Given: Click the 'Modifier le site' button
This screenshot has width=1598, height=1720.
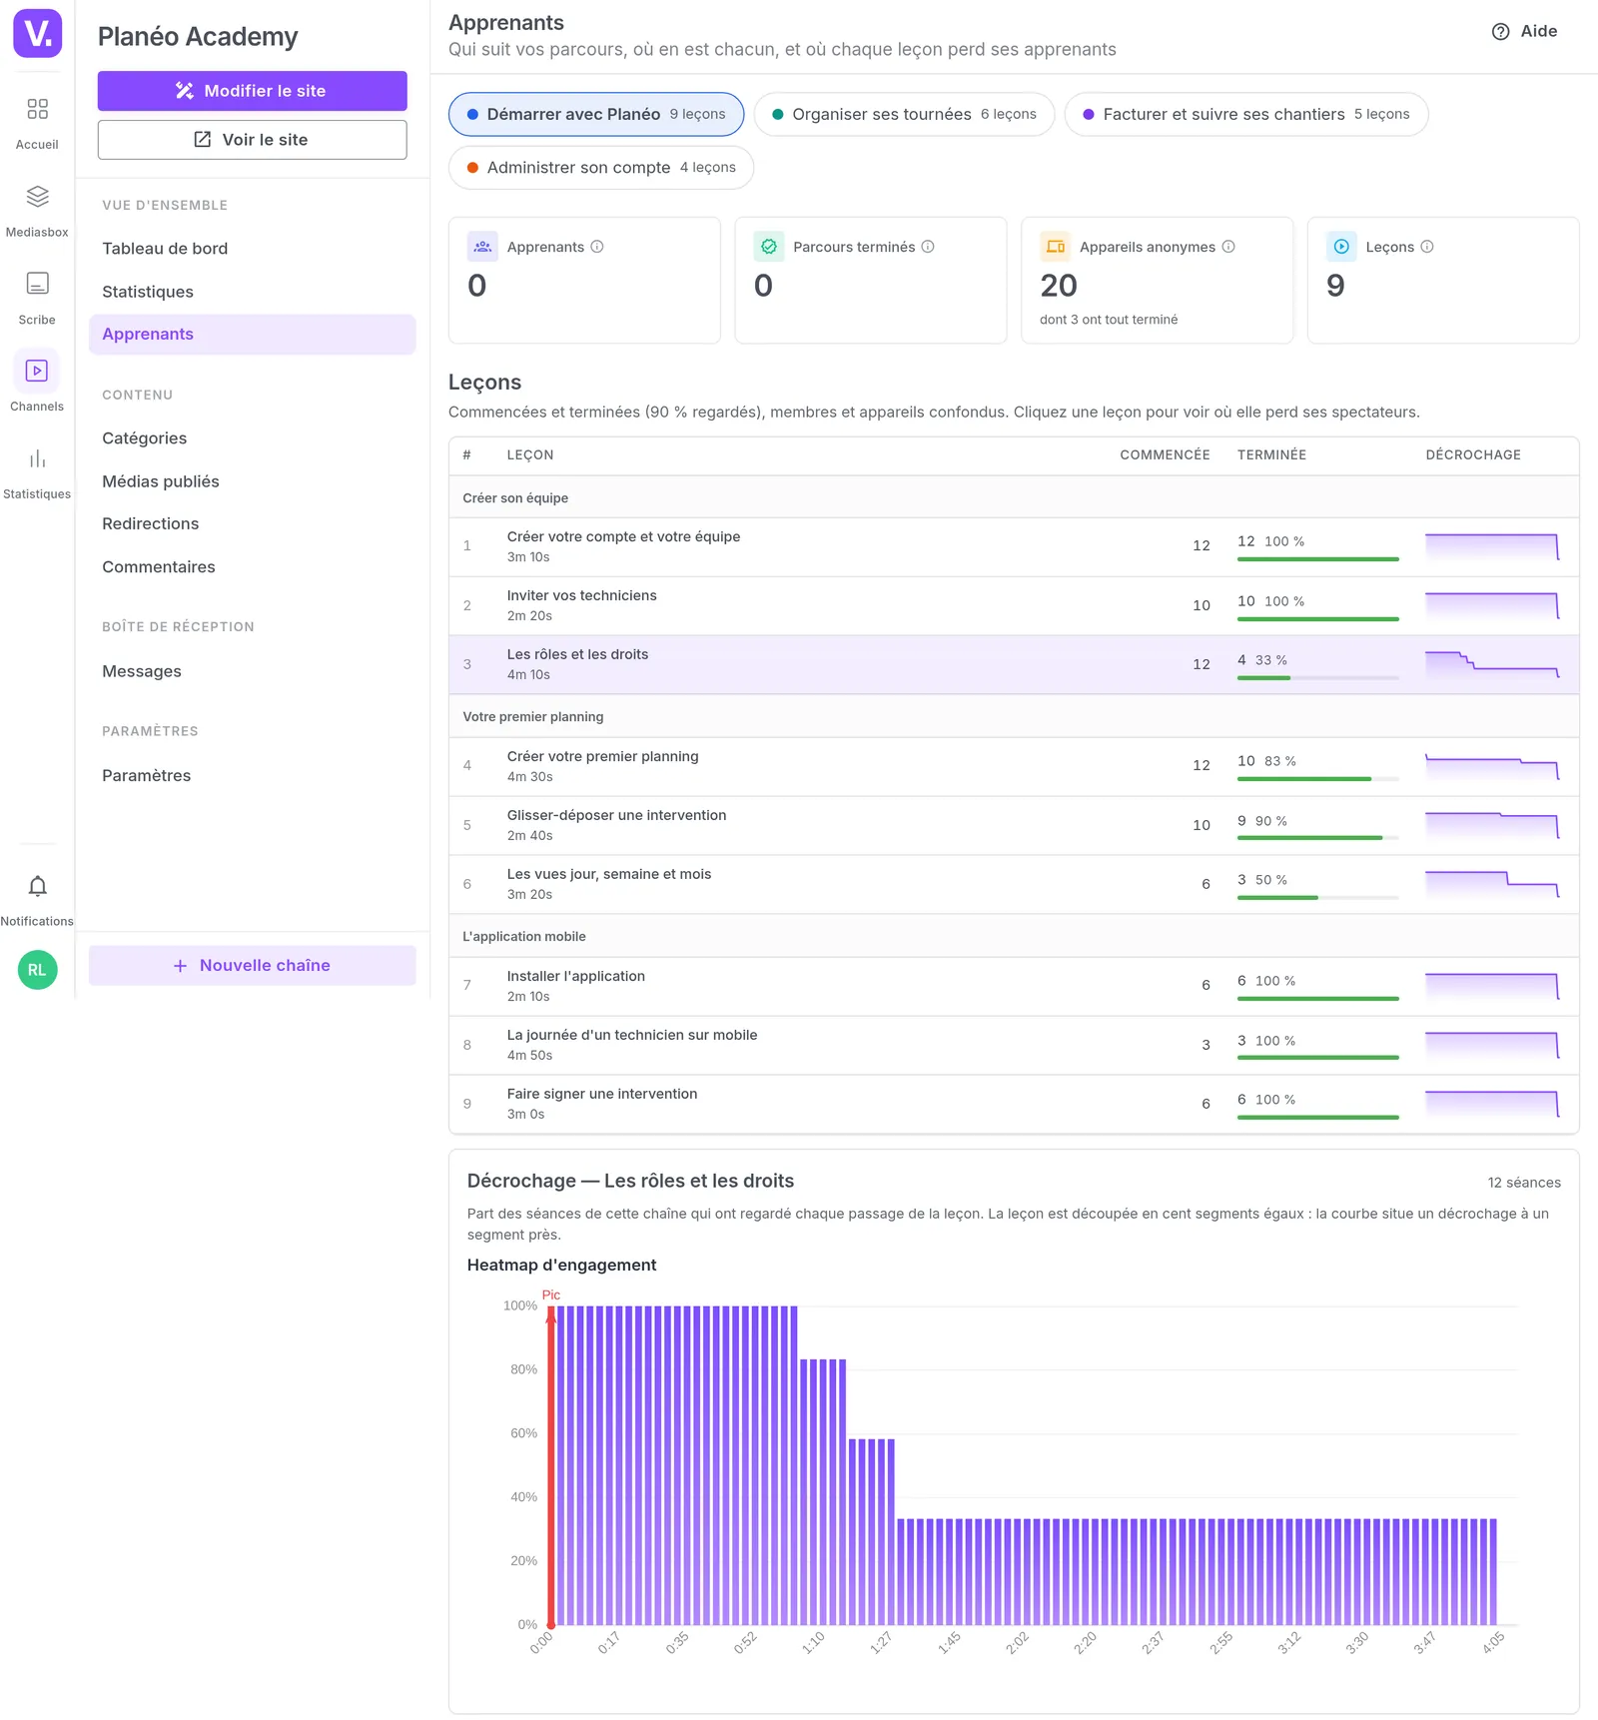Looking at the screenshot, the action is [x=252, y=91].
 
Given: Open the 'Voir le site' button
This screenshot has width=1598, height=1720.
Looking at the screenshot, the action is [x=252, y=140].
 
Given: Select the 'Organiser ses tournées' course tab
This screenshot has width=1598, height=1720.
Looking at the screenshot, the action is [x=904, y=114].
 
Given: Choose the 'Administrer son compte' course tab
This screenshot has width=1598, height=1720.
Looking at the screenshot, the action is [x=601, y=168].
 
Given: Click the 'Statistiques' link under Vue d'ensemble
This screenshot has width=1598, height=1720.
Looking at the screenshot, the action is [x=148, y=292].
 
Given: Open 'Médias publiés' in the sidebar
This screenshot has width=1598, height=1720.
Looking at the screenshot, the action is [x=161, y=481].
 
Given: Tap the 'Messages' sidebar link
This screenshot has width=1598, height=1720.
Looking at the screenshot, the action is [x=142, y=671].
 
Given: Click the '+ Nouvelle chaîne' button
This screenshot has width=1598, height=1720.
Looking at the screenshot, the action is [x=252, y=966].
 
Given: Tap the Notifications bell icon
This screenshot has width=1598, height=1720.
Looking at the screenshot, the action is [x=37, y=887].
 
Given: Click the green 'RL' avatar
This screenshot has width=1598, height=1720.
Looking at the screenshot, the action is [x=37, y=970].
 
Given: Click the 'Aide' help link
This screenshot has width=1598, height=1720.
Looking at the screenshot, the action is [x=1524, y=32].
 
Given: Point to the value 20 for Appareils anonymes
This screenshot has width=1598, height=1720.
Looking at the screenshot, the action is [x=1059, y=287].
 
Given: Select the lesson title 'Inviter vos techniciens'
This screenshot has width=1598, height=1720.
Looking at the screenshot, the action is [x=581, y=595].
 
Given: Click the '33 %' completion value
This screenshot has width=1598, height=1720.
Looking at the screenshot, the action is [x=1271, y=660].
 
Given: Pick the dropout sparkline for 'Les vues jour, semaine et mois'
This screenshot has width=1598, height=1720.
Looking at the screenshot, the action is [x=1492, y=884].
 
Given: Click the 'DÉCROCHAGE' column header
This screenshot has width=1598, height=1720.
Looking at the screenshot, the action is [x=1473, y=455].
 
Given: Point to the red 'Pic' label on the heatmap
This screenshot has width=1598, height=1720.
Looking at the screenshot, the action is [x=551, y=1295].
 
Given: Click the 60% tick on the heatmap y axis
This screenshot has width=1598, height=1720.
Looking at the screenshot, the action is [x=524, y=1433].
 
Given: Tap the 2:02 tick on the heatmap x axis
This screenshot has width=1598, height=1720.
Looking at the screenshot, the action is [x=1018, y=1643].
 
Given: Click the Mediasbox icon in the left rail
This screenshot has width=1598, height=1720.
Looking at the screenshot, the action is [x=37, y=197].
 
